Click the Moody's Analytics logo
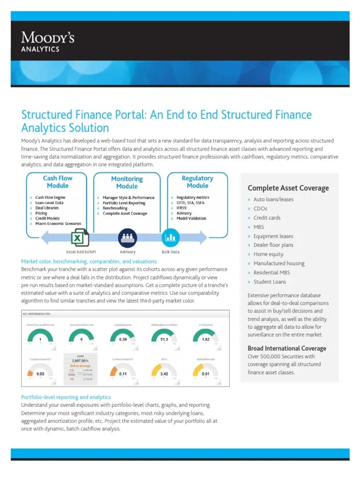pos(47,41)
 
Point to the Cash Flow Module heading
pos(58,182)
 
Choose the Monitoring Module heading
pos(127,182)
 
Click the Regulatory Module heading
pos(197,182)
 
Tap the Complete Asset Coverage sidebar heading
pos(288,188)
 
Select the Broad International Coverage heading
pos(287,348)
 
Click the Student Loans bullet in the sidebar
pos(270,282)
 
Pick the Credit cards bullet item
pos(267,218)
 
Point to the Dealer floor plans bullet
pos(273,245)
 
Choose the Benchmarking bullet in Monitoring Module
pos(115,208)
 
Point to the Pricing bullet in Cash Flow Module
pos(41,213)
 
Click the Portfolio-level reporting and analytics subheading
pos(66,397)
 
